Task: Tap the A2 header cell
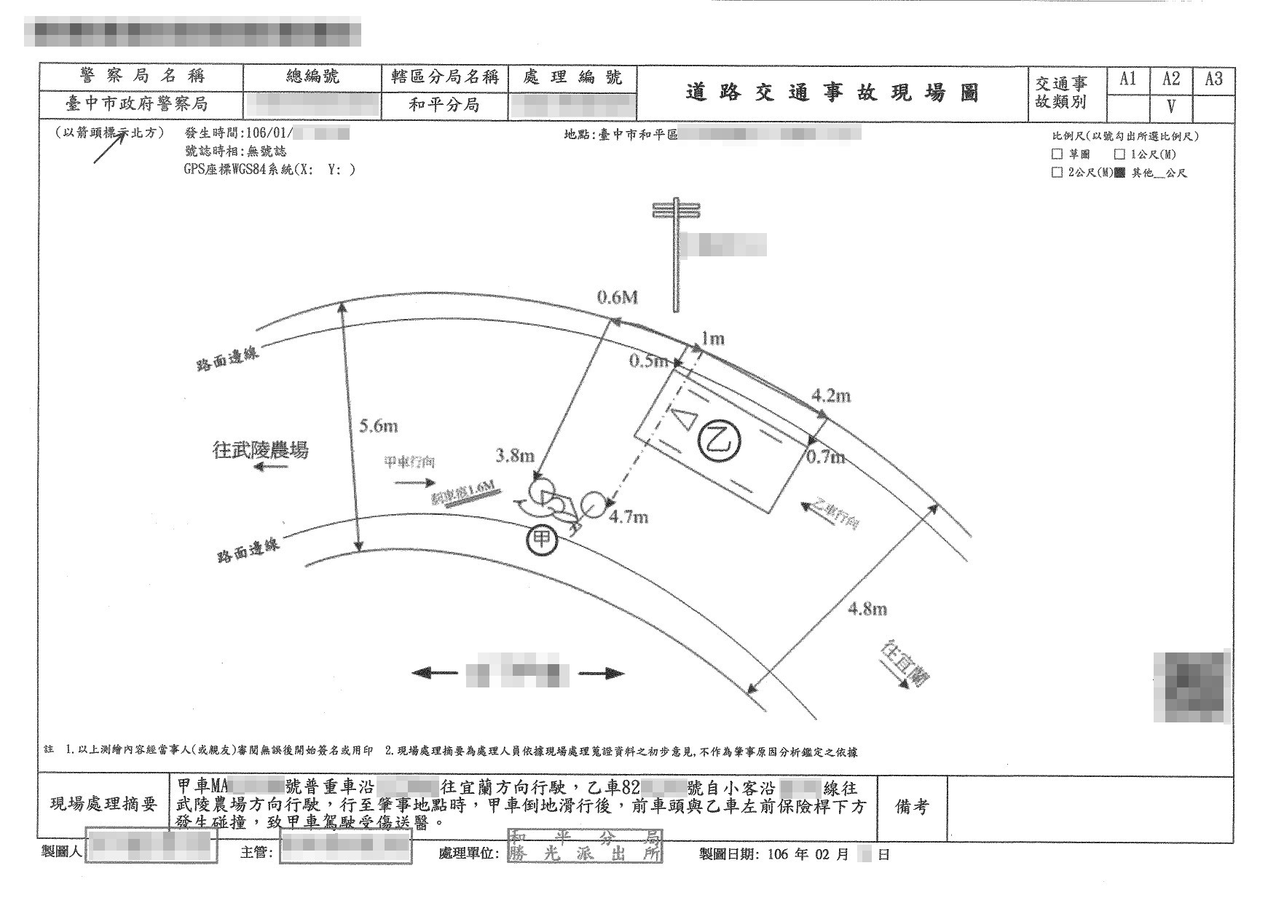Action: pos(1171,79)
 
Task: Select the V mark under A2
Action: pos(1171,107)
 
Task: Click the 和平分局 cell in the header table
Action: pos(444,105)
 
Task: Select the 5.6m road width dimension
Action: pos(378,427)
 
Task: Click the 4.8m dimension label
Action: pos(867,609)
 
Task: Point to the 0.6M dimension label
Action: pos(618,297)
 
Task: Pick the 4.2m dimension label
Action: pos(831,396)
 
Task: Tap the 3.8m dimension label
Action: pos(515,457)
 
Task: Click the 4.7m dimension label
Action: pos(629,518)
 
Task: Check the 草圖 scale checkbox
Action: pos(1057,154)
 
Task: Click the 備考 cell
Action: pos(912,807)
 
